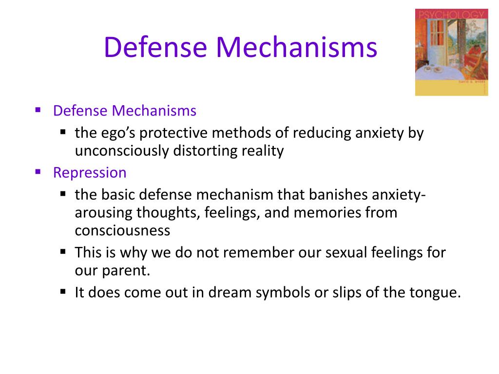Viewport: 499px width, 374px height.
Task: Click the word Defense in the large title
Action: [155, 47]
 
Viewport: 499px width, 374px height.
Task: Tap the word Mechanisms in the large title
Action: [297, 47]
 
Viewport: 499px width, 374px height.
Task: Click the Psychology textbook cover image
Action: [452, 52]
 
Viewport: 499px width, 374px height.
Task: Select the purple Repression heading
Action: [90, 173]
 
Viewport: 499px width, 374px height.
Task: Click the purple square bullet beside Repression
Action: [38, 172]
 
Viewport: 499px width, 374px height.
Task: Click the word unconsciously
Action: [122, 151]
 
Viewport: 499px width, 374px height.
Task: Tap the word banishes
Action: [338, 194]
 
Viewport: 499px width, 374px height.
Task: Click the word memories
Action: [327, 212]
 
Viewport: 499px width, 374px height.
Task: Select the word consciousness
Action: [122, 230]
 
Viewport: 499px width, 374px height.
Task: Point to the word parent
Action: [126, 271]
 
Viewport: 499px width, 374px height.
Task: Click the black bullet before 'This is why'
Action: [63, 252]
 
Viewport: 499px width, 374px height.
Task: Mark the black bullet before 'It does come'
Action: [63, 291]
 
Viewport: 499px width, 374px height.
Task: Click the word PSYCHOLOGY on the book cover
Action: [452, 15]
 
